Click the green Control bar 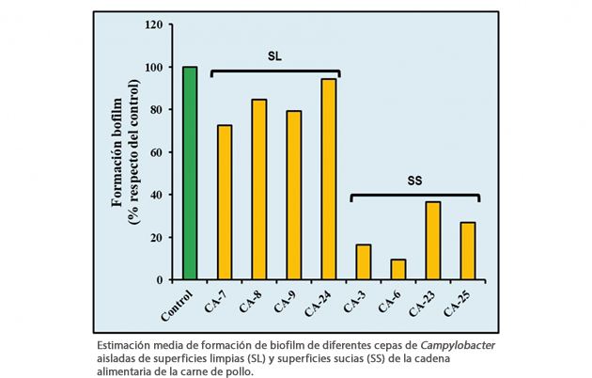pos(191,173)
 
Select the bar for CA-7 pos(225,202)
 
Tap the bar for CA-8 pos(259,189)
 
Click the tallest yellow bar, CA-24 pos(329,179)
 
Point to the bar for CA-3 pos(363,261)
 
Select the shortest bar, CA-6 pos(397,269)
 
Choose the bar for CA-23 pos(432,240)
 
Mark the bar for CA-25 pos(467,250)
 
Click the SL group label pos(274,56)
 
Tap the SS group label pos(414,180)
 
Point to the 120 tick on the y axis pos(154,24)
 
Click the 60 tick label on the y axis pos(157,152)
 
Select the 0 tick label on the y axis pos(161,279)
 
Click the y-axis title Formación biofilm pos(119,150)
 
